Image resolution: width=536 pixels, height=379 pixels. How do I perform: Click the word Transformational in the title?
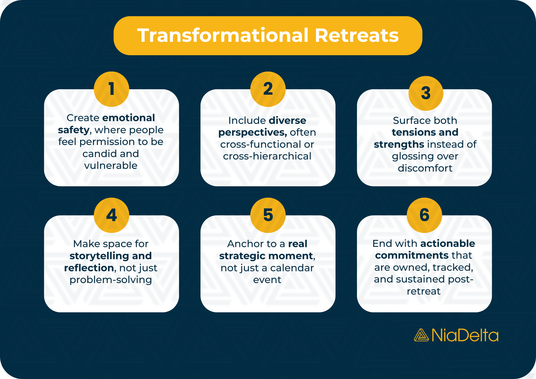click(x=223, y=36)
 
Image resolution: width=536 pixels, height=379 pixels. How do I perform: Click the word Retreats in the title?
click(x=356, y=36)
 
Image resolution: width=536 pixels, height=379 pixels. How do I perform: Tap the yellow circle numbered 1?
click(x=111, y=89)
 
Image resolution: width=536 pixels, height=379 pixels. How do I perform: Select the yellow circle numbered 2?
click(x=268, y=89)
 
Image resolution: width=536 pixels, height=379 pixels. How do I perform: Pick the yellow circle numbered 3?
click(x=426, y=93)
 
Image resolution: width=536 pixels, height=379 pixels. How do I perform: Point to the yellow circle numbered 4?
click(x=111, y=215)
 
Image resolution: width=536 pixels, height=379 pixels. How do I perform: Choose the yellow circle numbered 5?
click(x=268, y=215)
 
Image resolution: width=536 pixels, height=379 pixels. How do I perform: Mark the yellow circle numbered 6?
click(x=424, y=215)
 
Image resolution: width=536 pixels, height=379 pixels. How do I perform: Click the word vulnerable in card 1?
click(x=111, y=166)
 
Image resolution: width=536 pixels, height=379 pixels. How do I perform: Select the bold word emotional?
click(x=129, y=118)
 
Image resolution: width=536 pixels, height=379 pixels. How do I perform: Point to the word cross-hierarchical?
click(x=267, y=156)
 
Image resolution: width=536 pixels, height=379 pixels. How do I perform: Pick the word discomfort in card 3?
click(x=425, y=168)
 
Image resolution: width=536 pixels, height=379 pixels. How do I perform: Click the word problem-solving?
click(x=111, y=280)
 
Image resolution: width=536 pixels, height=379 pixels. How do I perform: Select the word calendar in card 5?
click(x=292, y=268)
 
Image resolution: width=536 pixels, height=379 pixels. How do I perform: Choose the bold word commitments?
click(x=412, y=255)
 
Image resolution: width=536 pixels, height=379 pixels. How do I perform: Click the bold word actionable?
click(x=448, y=243)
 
